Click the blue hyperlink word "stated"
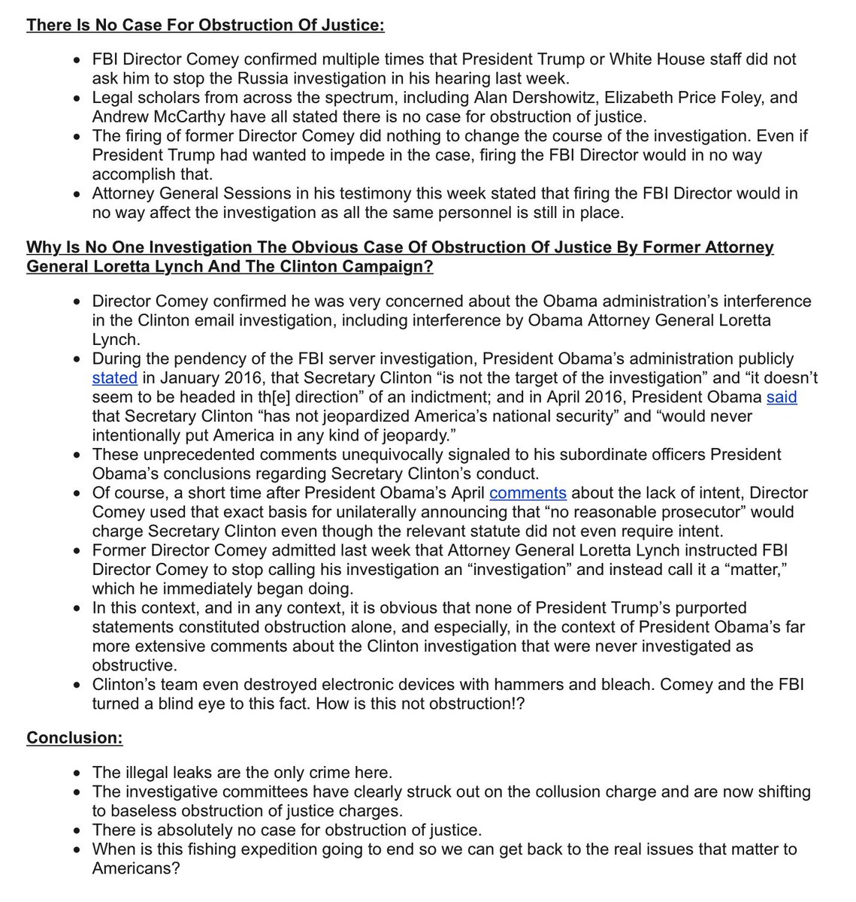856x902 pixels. [x=114, y=377]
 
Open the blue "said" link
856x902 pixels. [x=781, y=396]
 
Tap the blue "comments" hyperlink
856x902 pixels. [x=528, y=493]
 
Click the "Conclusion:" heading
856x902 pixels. [x=74, y=737]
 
